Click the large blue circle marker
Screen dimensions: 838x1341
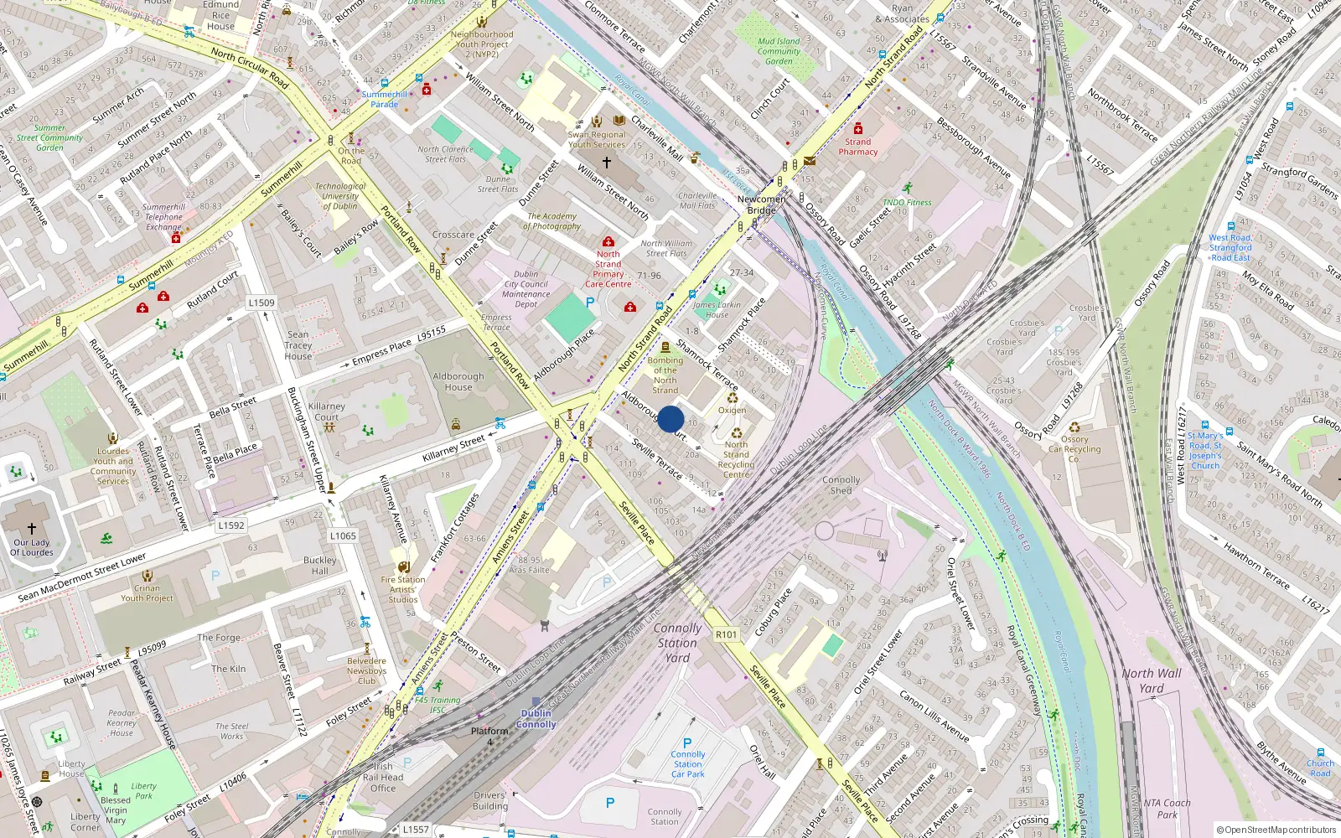pos(670,419)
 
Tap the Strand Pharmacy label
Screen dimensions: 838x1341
pos(857,147)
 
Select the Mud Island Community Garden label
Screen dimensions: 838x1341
pos(779,51)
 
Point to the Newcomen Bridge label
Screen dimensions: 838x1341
pos(761,204)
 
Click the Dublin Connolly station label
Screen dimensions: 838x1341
pos(536,719)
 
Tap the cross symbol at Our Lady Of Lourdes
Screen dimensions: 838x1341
pos(32,529)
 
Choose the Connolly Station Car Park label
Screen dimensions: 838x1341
pos(688,763)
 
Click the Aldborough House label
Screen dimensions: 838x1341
pos(458,381)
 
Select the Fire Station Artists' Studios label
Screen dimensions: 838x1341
pos(403,589)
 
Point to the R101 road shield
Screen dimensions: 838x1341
pos(727,634)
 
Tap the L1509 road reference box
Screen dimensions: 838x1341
pos(261,303)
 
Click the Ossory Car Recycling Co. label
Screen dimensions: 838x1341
pos(1074,449)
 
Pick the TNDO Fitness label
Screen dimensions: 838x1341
pos(907,202)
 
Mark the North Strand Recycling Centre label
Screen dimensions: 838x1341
pos(736,459)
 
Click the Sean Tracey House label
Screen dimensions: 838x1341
pos(298,345)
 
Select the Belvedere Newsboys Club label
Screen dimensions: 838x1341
pos(367,670)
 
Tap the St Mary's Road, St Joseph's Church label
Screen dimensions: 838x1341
pos(1205,451)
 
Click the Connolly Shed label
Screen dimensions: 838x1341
pos(841,485)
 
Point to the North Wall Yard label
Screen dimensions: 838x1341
pos(1152,680)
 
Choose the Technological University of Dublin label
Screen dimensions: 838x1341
pos(339,196)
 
